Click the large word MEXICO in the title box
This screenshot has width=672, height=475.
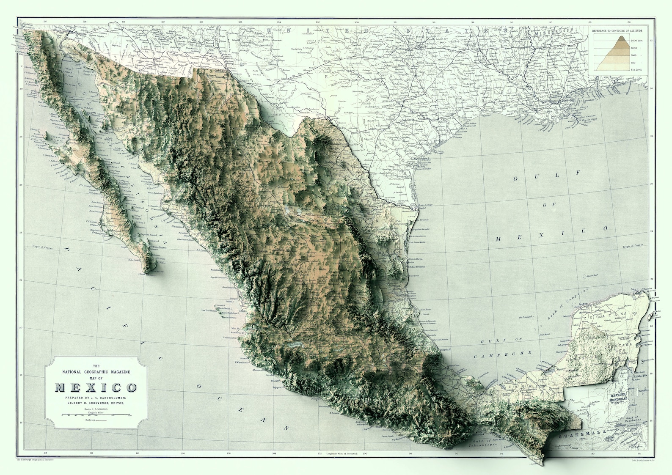tap(96, 388)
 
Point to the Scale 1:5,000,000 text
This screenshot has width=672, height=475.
tap(96, 409)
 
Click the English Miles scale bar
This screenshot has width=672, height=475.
tap(96, 415)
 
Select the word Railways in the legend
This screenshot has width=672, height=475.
tap(90, 420)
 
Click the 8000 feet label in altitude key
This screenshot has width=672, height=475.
tap(636, 40)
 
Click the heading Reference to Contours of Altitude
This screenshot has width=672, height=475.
tap(617, 31)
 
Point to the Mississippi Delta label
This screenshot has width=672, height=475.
tap(591, 121)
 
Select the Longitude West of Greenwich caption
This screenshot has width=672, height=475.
tap(342, 453)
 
